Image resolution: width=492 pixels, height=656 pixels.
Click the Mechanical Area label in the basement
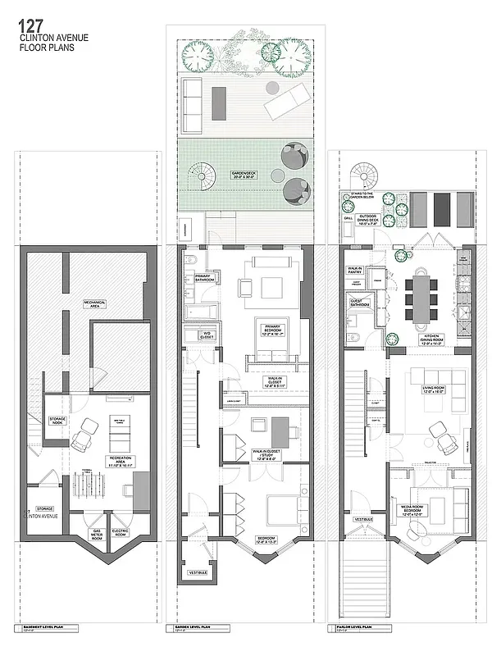tap(95, 303)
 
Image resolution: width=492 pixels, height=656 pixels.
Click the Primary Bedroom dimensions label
tap(273, 331)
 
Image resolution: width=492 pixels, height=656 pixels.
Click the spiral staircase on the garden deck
tap(201, 175)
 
